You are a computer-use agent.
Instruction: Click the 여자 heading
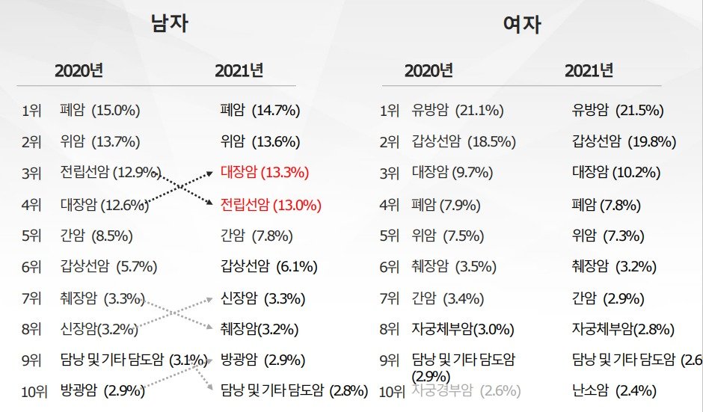coord(522,25)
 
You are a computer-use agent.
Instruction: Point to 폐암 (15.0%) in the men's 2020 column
coord(100,111)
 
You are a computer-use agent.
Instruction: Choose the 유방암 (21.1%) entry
coord(457,111)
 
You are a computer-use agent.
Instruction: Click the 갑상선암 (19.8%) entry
coord(624,142)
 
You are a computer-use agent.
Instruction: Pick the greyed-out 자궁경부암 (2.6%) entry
coord(465,390)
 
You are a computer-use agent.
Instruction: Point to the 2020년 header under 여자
coord(429,71)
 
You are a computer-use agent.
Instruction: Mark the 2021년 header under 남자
coord(239,71)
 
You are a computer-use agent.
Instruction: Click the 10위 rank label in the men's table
coord(31,390)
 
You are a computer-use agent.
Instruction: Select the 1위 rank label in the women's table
coord(389,111)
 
